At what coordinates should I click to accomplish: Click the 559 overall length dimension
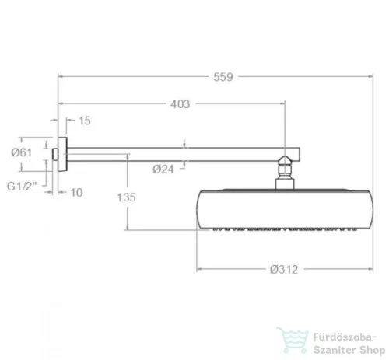click(223, 77)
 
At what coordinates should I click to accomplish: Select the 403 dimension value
click(180, 104)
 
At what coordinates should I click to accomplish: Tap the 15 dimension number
click(85, 121)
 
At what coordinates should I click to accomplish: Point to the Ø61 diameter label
click(22, 152)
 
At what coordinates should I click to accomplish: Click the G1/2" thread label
click(22, 187)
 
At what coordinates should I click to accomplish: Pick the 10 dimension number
click(76, 193)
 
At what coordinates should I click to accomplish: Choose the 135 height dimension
click(127, 197)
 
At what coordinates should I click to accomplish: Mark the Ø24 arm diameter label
click(163, 170)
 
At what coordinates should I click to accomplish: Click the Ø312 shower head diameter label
click(284, 270)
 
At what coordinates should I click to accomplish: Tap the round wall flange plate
click(62, 154)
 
